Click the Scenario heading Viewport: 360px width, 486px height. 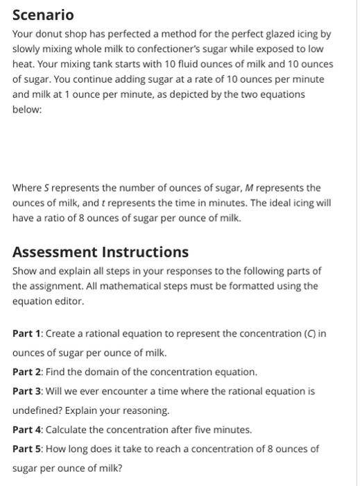(43, 15)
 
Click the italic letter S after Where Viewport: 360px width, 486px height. (46, 187)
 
